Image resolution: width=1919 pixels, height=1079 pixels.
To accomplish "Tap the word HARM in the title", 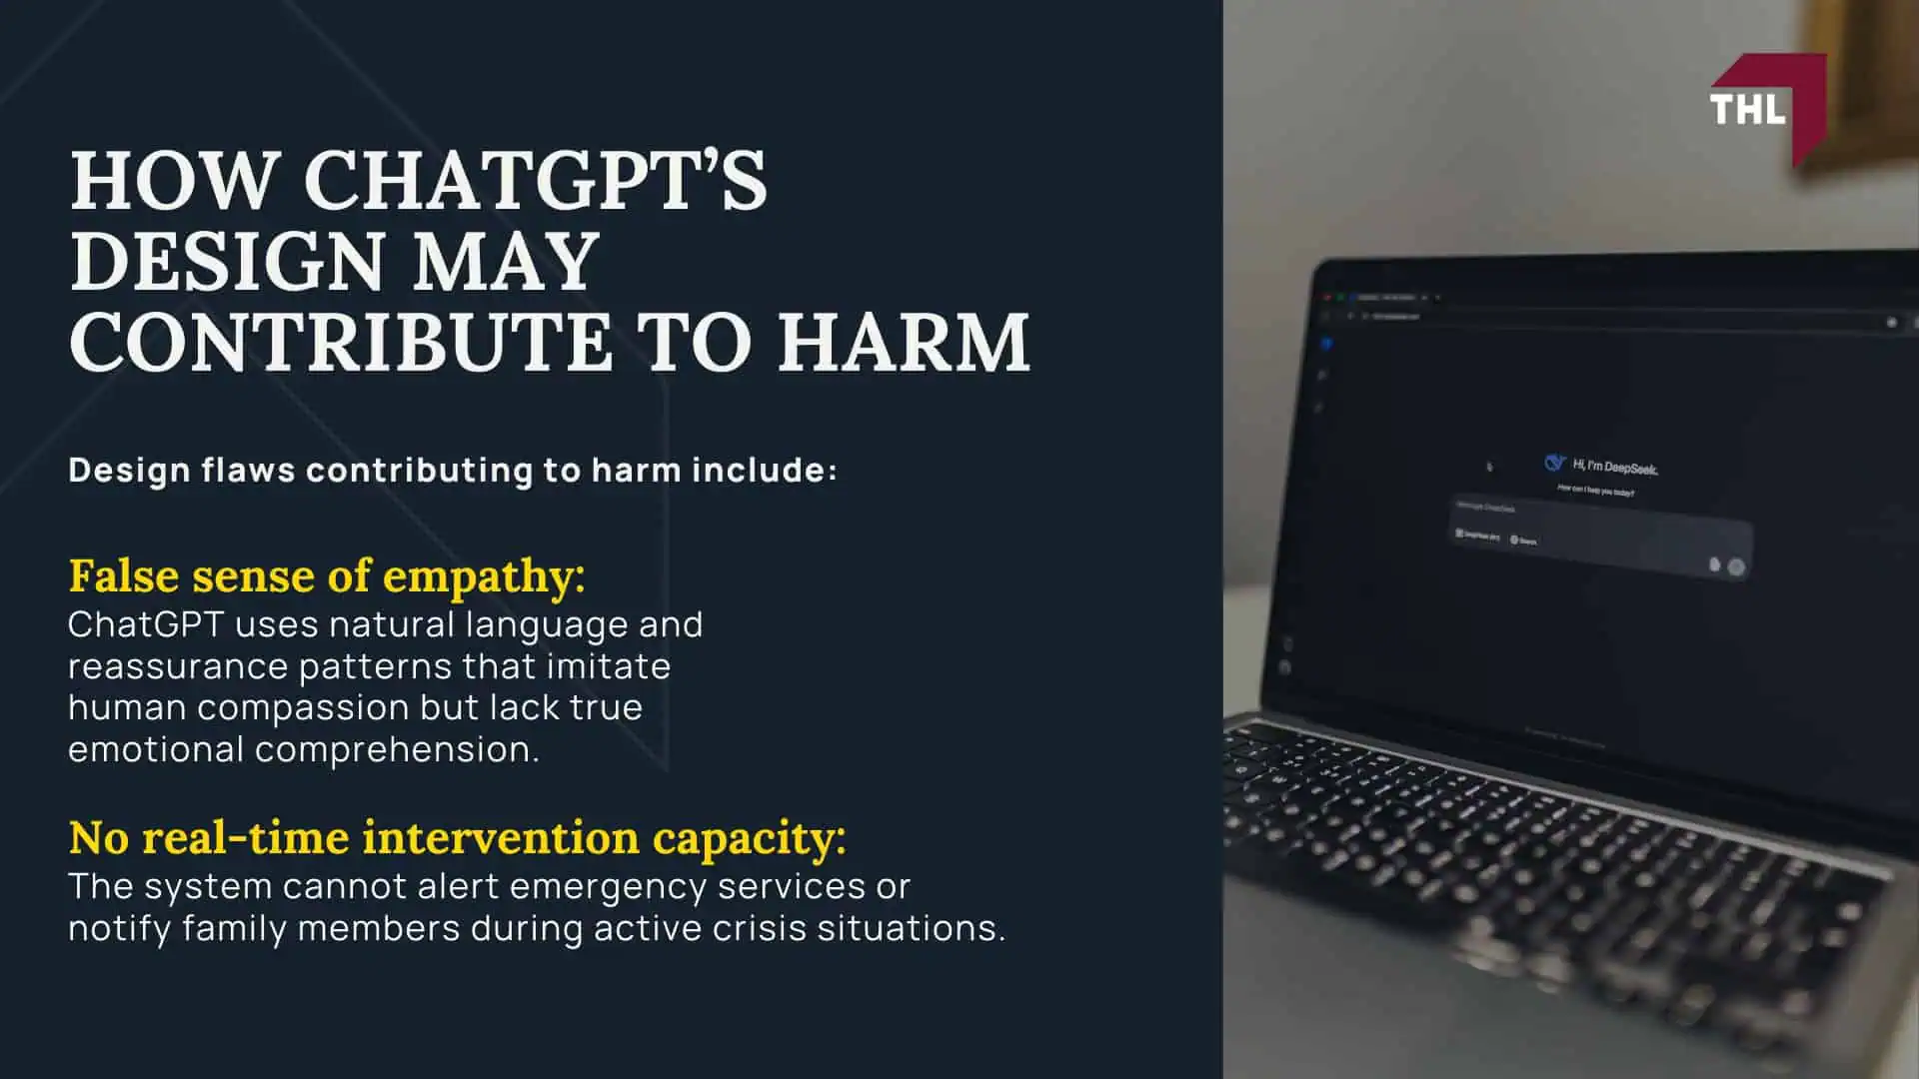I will [904, 343].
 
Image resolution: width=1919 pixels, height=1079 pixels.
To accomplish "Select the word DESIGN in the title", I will [228, 262].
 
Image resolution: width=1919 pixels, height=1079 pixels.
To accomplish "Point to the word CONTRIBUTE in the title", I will [340, 343].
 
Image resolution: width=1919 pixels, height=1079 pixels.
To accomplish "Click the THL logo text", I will [1747, 109].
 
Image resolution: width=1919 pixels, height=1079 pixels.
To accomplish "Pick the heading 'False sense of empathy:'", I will [327, 576].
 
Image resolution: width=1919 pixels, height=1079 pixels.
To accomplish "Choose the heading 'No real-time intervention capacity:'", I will [457, 837].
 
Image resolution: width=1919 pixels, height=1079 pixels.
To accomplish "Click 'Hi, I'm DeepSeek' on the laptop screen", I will [1615, 467].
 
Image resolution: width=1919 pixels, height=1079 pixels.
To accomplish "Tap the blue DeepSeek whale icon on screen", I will [1554, 462].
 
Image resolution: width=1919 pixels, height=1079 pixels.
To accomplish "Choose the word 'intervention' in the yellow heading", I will [500, 837].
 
